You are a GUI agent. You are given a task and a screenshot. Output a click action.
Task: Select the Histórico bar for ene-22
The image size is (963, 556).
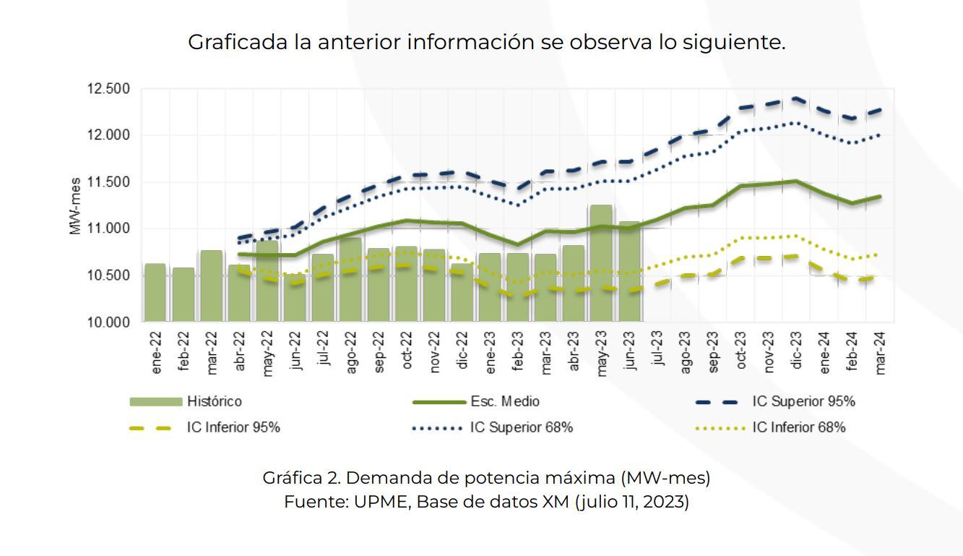[x=155, y=293]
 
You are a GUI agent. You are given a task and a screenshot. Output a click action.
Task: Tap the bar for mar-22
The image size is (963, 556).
[x=211, y=286]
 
